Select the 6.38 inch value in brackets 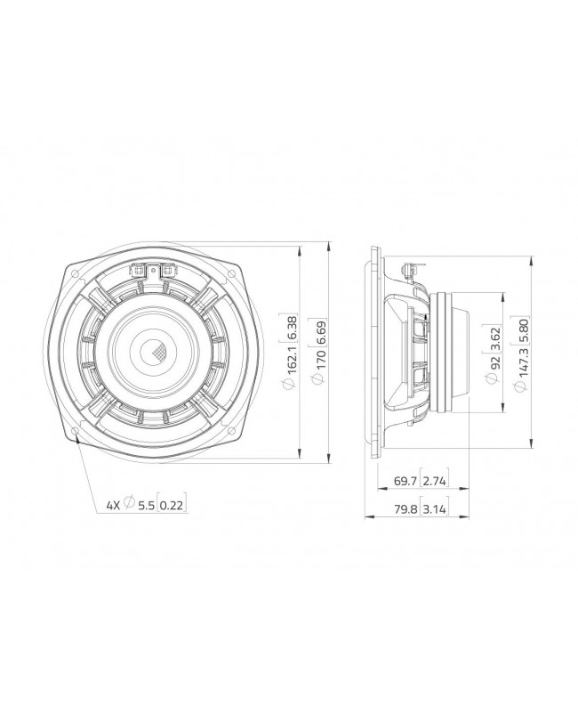[290, 328]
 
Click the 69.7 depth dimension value [405, 482]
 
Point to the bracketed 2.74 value [436, 482]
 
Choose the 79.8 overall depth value [405, 514]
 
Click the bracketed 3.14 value [436, 514]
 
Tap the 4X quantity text [113, 505]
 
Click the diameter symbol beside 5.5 [130, 505]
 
